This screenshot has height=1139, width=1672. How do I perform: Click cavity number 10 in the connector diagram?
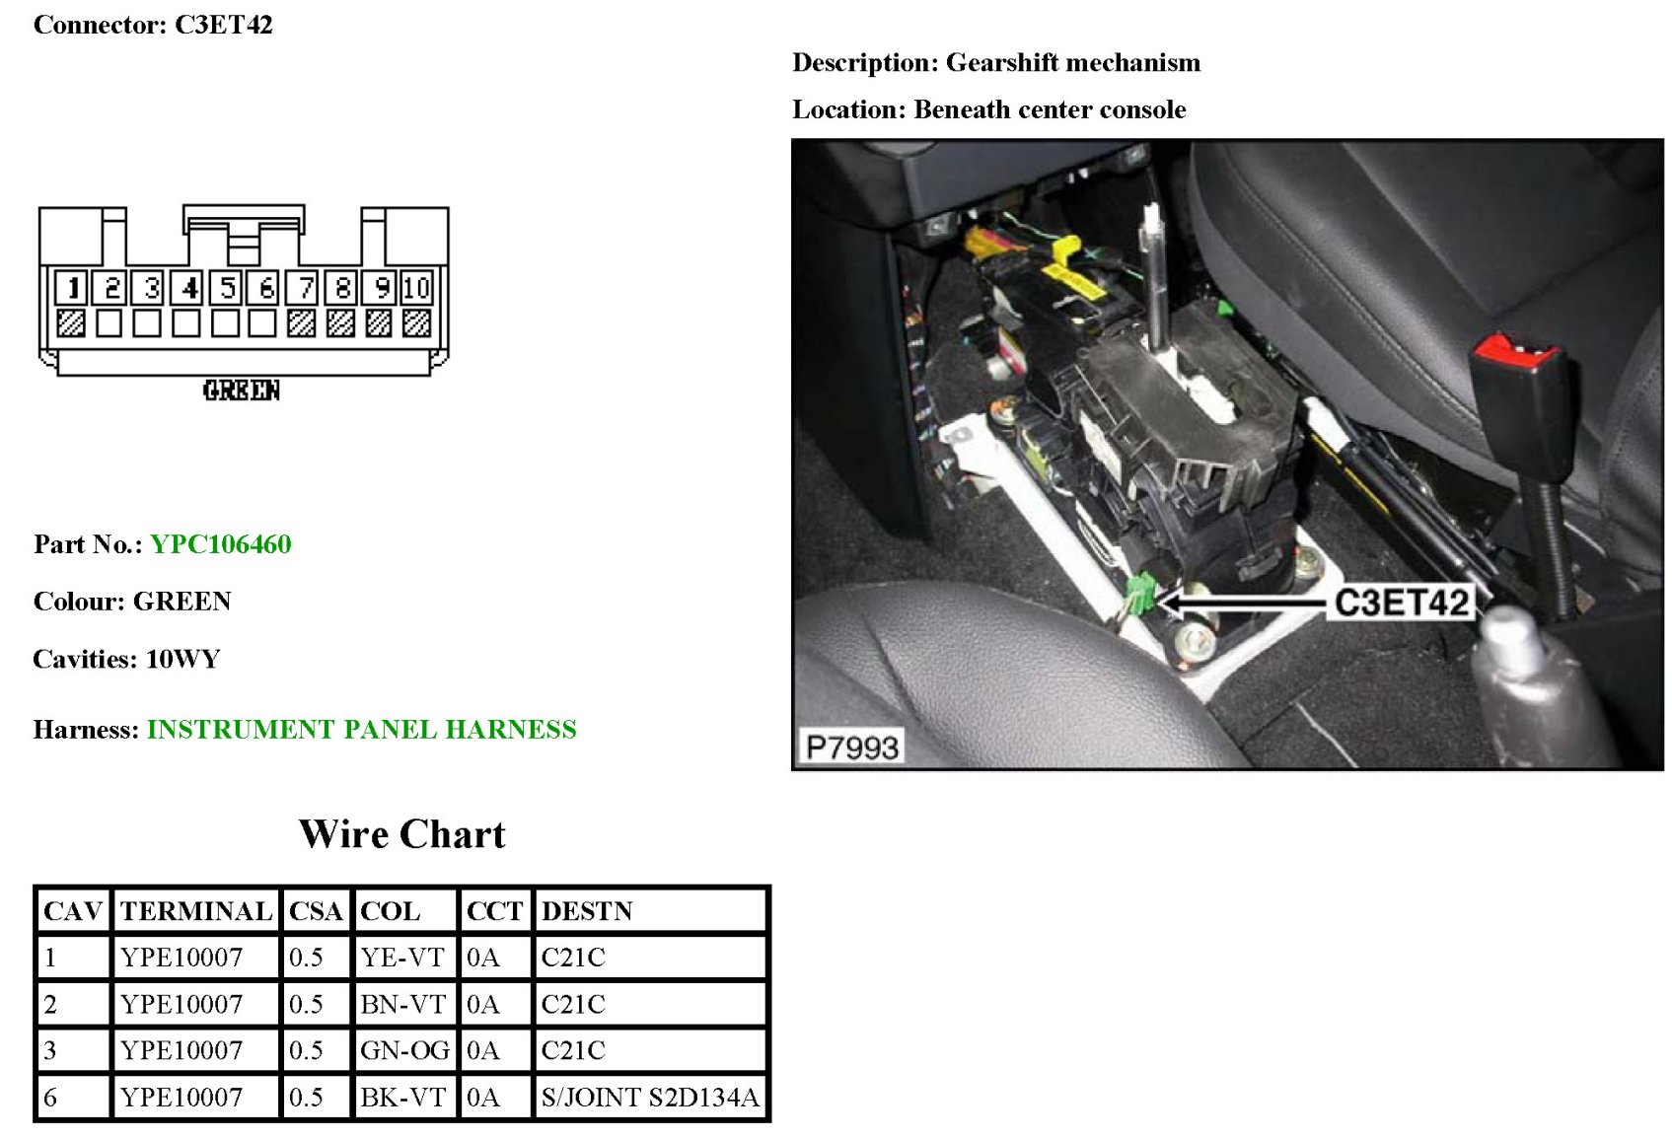(x=416, y=288)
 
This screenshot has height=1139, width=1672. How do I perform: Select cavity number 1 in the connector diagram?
(x=71, y=288)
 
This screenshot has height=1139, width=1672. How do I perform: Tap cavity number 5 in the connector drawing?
(x=227, y=288)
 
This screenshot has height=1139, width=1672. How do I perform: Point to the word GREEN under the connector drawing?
(x=242, y=391)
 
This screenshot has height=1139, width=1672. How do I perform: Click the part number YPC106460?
(x=221, y=544)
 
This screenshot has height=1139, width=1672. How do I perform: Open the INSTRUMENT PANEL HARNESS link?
(x=361, y=730)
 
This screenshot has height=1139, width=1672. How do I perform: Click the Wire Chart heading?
(x=401, y=834)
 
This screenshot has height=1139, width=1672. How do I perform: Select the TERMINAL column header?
(x=195, y=911)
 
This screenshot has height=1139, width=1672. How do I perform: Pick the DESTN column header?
(x=587, y=911)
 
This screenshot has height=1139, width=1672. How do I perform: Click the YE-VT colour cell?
(x=402, y=958)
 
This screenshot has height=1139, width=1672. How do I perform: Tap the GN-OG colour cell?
(x=404, y=1050)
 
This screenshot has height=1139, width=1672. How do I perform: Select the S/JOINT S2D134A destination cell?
(x=650, y=1098)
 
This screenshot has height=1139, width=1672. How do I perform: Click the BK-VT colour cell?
(x=402, y=1098)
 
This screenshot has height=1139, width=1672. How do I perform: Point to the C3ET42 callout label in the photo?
(x=1401, y=603)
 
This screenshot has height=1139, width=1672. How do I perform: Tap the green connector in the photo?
(x=1140, y=593)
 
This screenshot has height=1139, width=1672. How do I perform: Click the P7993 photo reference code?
(x=852, y=747)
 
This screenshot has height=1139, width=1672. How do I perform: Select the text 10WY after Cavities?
(x=182, y=660)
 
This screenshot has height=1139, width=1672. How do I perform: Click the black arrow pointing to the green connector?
(x=1243, y=602)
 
